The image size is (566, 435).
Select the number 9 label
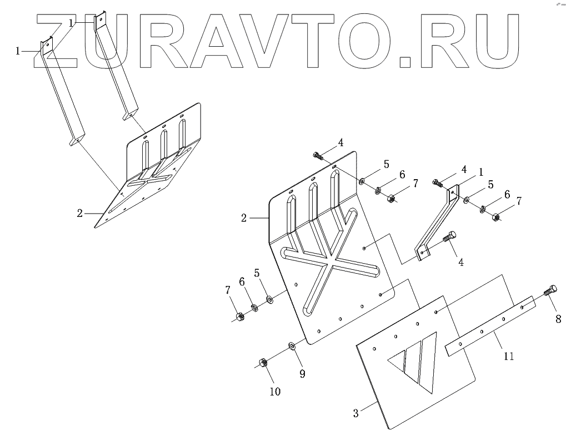(x=302, y=374)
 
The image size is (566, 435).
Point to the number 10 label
(x=275, y=391)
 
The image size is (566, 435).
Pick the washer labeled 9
(x=292, y=347)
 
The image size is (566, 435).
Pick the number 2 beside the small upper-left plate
(x=80, y=213)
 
